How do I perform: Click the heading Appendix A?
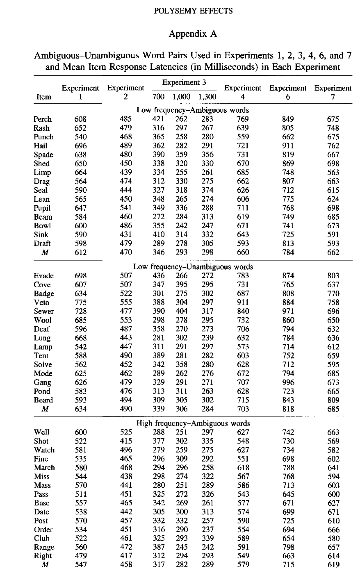[192, 34]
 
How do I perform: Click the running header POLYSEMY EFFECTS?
[192, 11]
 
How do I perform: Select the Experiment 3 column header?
[184, 82]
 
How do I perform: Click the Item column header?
[44, 97]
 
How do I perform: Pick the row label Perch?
[43, 119]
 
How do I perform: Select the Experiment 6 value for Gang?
[288, 382]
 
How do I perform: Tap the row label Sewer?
[43, 312]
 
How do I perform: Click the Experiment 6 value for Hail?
[288, 146]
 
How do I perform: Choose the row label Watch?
[44, 450]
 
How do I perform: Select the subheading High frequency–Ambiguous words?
[193, 423]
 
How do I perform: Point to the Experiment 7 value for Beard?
[333, 400]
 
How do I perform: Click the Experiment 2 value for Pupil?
[125, 208]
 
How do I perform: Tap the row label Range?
[44, 547]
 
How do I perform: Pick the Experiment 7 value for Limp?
[333, 173]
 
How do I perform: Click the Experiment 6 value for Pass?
[288, 494]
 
